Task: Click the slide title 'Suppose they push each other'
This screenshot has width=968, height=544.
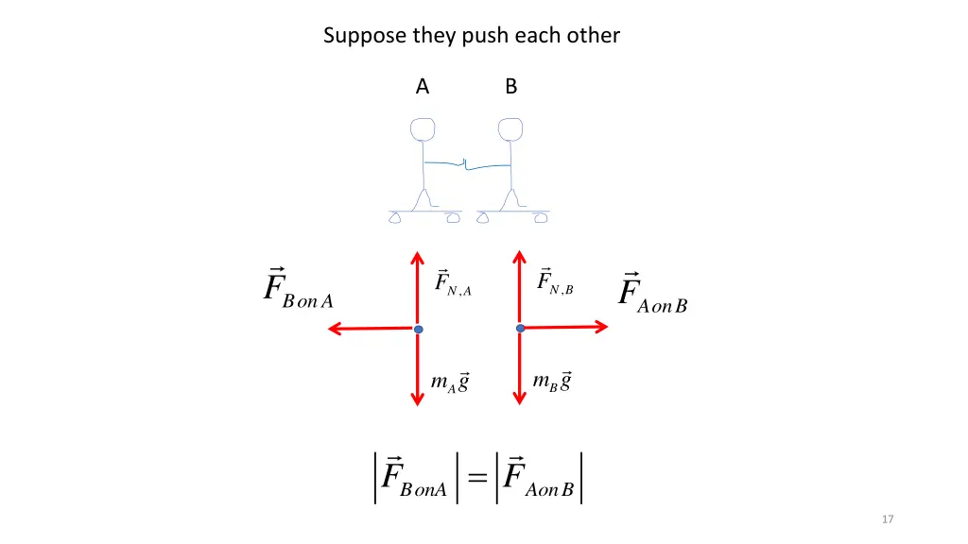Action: pos(471,36)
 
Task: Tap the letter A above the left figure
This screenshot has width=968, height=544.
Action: pos(423,87)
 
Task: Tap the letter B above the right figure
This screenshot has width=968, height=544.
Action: pos(510,87)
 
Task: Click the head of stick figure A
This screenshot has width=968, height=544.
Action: pos(422,129)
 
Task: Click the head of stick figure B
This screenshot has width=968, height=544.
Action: pos(511,129)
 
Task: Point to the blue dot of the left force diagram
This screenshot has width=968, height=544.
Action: pos(418,329)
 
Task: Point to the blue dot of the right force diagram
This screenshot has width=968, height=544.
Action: pos(520,328)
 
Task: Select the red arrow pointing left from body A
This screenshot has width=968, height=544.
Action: pos(369,329)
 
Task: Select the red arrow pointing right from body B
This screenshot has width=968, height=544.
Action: pos(567,327)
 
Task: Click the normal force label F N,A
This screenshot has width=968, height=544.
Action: pos(453,282)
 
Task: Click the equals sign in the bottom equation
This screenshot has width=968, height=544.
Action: pos(478,480)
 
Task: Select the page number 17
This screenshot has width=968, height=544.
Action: pos(887,519)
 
